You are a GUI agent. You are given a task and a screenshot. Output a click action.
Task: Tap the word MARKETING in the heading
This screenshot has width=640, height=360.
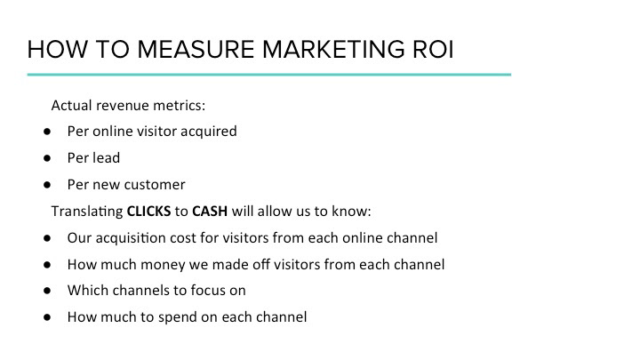pos(333,50)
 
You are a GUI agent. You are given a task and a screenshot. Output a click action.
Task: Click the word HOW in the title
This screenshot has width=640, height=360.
pos(58,50)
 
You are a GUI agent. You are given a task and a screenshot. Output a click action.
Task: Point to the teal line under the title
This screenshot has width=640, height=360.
pos(269,75)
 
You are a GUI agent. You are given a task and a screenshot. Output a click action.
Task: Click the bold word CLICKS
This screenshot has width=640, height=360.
pos(148,211)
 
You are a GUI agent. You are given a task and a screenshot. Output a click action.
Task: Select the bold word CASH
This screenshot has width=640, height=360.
pos(210,211)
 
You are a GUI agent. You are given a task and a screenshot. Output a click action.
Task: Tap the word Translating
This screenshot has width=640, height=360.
pos(87,212)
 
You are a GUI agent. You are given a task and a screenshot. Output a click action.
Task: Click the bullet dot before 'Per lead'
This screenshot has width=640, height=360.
pos(47,158)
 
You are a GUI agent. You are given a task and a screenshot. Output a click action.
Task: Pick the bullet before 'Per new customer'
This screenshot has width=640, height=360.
pos(47,185)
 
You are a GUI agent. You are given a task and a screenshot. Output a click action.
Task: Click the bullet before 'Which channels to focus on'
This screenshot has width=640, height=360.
pos(47,291)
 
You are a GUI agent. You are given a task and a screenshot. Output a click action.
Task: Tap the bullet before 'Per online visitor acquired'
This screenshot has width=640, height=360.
pos(47,132)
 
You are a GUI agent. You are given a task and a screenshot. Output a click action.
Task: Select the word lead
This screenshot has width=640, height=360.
pos(107,158)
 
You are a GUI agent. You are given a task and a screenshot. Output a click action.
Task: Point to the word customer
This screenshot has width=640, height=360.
pos(160,185)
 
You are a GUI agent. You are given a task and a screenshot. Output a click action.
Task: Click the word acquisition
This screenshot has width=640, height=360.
pos(131,238)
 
